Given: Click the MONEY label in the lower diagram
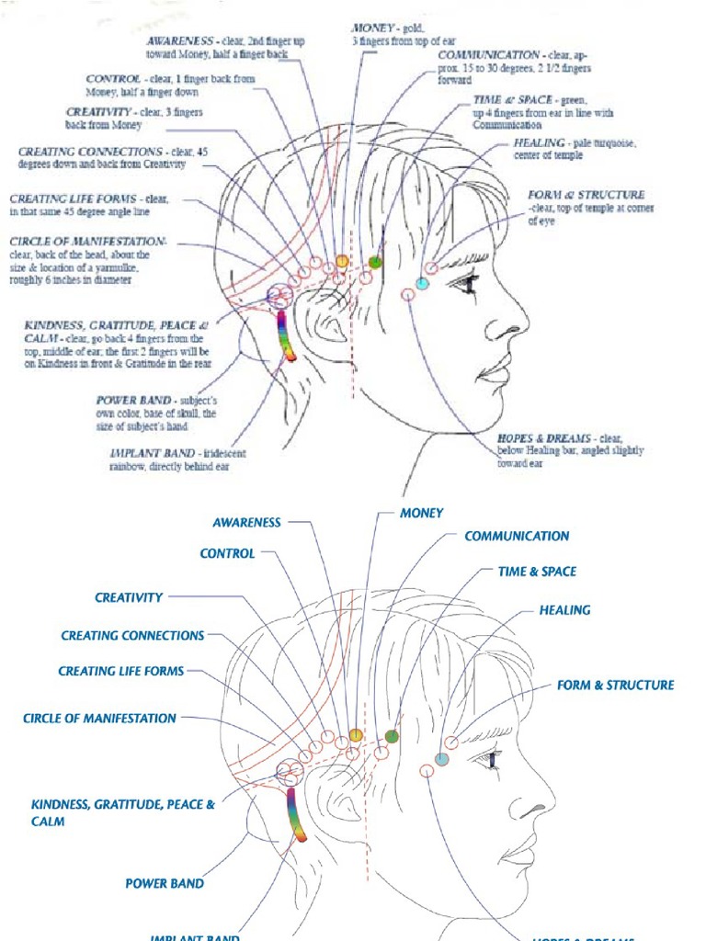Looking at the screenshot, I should click(421, 513).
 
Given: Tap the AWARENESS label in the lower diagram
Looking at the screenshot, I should click(246, 522).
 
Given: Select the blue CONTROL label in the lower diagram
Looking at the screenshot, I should click(227, 553).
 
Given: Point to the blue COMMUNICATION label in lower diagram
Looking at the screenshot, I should click(517, 536).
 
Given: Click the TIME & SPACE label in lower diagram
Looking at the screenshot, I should click(537, 572).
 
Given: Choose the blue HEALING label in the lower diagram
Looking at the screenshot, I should click(564, 610).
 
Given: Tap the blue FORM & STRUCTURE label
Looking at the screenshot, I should click(615, 685).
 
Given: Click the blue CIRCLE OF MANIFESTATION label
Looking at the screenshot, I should click(99, 719).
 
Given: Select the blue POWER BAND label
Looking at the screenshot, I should click(165, 884).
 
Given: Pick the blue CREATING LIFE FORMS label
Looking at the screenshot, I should click(121, 671).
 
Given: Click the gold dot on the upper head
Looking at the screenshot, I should click(342, 261).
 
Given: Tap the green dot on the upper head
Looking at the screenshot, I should click(375, 263).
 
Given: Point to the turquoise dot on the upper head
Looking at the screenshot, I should click(422, 284).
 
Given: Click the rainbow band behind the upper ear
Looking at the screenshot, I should click(286, 334).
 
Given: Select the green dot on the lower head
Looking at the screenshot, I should click(392, 736).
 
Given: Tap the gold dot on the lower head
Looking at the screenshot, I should click(356, 734).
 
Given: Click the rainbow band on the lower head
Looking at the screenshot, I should click(296, 812).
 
